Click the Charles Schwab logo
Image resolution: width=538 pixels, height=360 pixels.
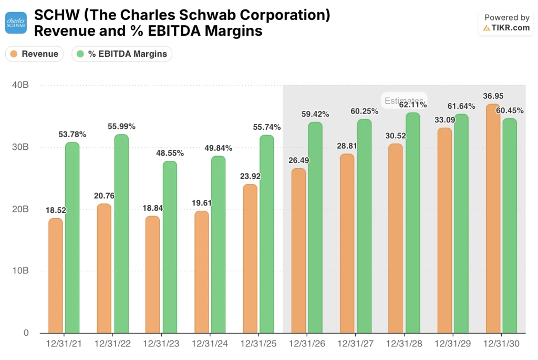[x=16, y=23]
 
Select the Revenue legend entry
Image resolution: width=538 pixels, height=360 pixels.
[x=35, y=54]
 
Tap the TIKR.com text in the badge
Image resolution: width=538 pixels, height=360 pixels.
[x=511, y=28]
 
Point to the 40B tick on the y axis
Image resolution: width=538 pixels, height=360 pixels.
[x=21, y=85]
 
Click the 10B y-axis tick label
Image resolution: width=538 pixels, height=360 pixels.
[x=21, y=271]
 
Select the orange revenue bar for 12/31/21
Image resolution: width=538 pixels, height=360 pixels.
[x=56, y=275]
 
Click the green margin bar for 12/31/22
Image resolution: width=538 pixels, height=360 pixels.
[x=121, y=234]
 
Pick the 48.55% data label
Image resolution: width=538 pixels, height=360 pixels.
[x=169, y=153]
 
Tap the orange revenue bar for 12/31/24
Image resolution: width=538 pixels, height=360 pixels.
[x=201, y=272]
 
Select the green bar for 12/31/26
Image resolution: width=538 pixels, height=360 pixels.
[x=315, y=228]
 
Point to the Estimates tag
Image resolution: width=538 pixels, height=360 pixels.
[x=403, y=100]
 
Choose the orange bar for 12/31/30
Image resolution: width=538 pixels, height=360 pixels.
[x=493, y=219]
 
